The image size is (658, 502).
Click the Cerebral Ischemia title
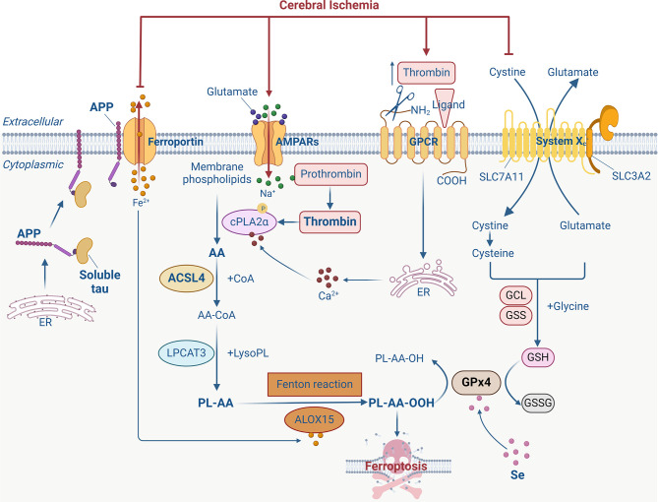(329, 5)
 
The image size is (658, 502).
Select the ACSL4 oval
(186, 278)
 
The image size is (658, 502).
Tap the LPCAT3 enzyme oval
(186, 352)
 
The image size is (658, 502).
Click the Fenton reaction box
(315, 384)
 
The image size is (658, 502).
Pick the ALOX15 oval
(314, 419)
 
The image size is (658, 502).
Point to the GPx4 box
(476, 382)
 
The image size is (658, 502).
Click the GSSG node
(538, 403)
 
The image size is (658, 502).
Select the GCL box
(515, 295)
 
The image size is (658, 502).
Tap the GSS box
(515, 315)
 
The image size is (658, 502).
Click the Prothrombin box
(330, 174)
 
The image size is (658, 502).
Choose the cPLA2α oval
(249, 221)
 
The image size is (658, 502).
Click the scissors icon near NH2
(399, 101)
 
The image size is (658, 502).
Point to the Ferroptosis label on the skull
(395, 467)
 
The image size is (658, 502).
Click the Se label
(517, 474)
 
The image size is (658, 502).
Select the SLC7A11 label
(502, 177)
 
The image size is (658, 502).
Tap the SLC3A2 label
(631, 176)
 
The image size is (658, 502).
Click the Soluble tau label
(100, 282)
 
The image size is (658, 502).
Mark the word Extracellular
(32, 121)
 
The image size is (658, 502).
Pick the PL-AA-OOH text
(401, 403)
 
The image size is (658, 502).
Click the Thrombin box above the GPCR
(426, 72)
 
